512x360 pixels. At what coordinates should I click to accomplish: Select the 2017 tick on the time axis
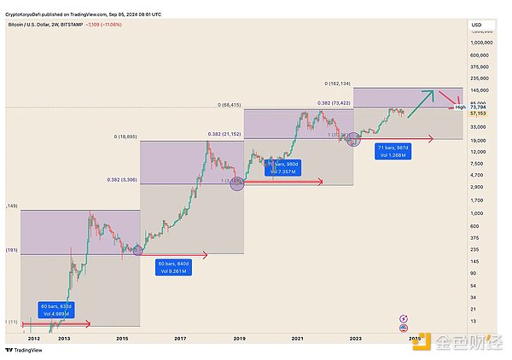(x=180, y=339)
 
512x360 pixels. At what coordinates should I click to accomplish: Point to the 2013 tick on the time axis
(x=63, y=339)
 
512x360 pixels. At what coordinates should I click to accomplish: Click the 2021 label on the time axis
(x=297, y=339)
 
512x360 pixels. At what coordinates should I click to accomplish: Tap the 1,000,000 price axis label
(x=484, y=41)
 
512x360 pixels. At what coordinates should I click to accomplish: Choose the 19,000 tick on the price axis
(x=479, y=139)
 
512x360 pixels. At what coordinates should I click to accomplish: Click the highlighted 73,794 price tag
(x=482, y=107)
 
